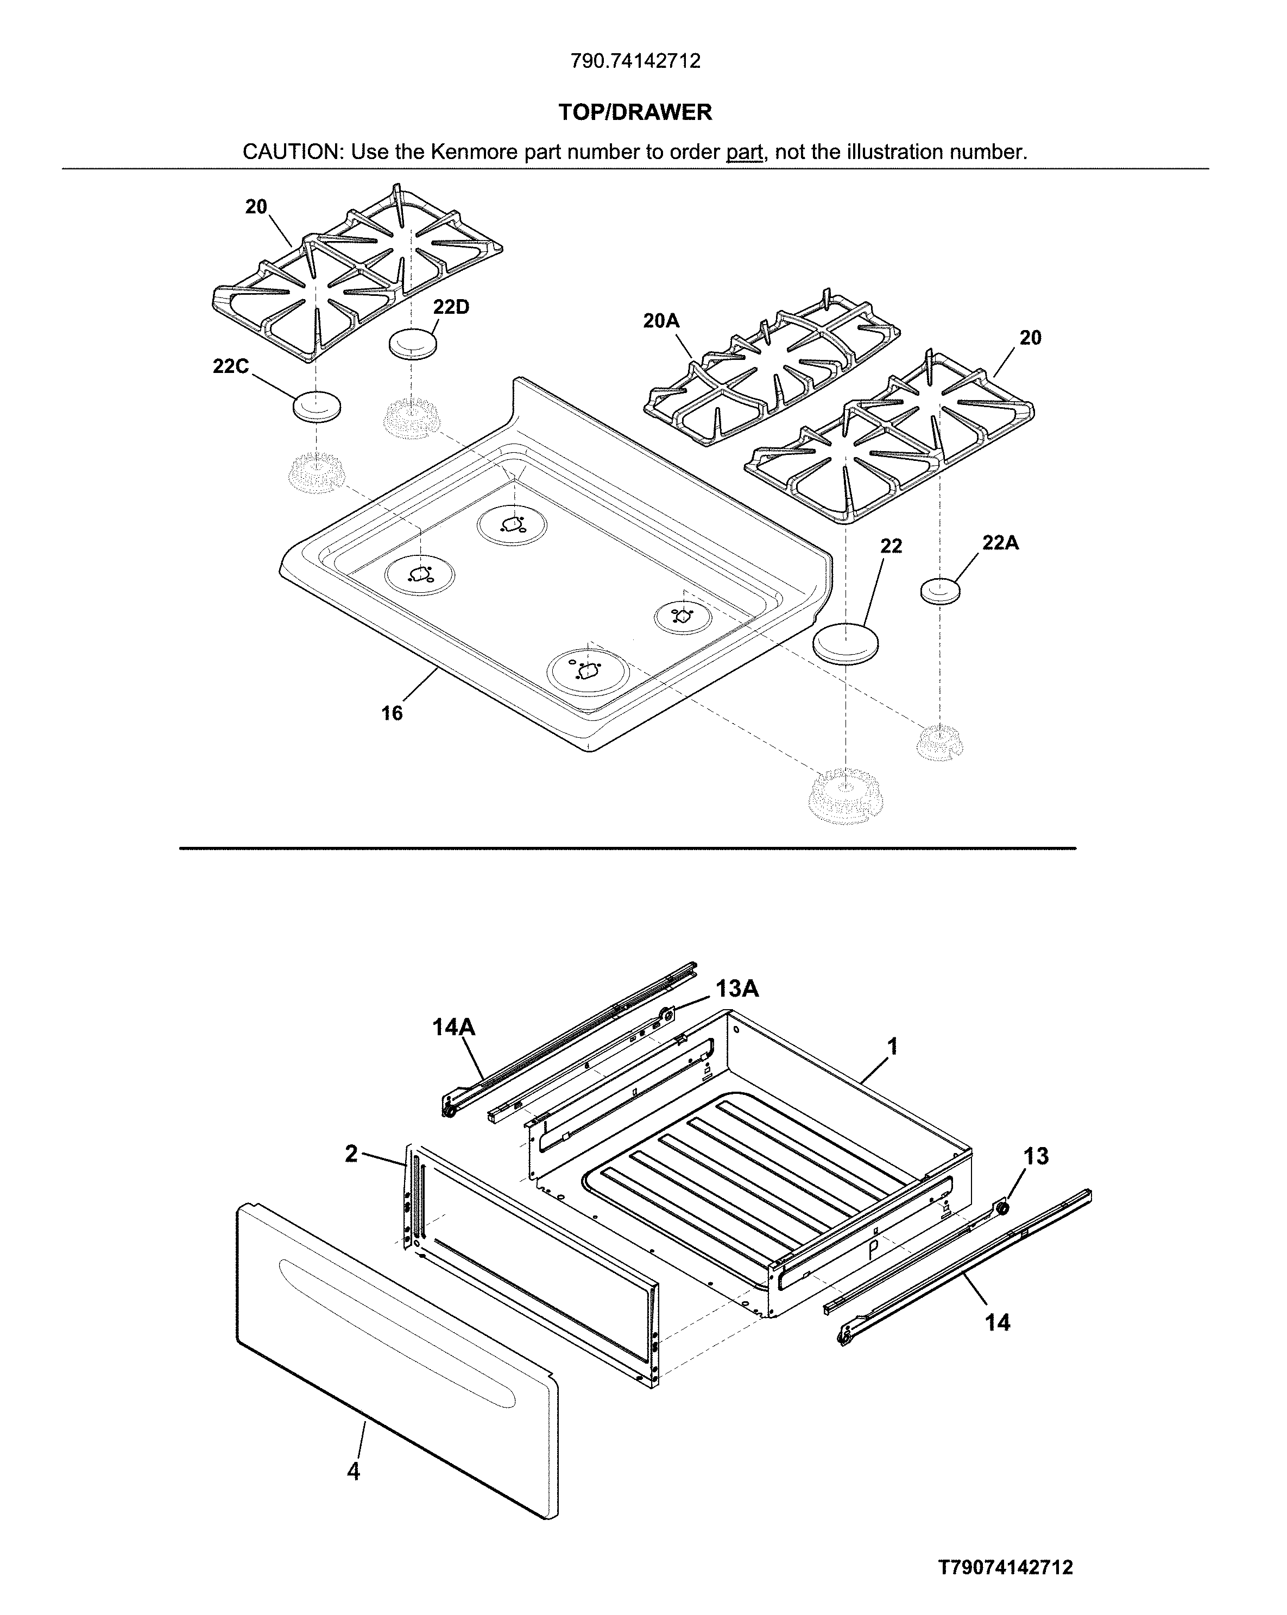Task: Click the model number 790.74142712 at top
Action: pos(635,61)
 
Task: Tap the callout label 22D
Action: pos(450,307)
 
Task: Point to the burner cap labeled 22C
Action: pos(316,407)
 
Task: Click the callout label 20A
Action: pos(661,321)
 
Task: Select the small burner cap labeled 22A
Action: pos(940,591)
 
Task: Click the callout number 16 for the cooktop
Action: pos(392,713)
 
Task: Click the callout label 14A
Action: pos(453,1027)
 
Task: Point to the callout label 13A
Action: pos(736,989)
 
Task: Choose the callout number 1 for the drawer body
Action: pos(892,1047)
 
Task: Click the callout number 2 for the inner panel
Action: pos(351,1154)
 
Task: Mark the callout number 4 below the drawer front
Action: pos(354,1472)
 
